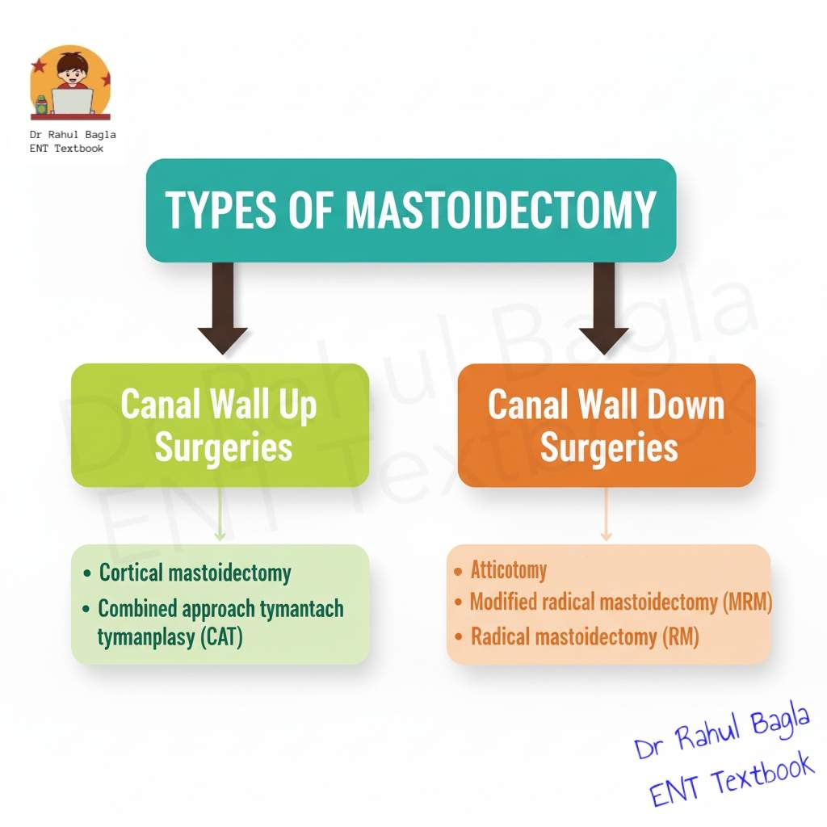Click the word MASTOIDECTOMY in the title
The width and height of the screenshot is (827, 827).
pos(500,209)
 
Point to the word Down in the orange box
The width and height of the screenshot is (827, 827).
pos(683,404)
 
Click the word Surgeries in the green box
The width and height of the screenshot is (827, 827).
pos(223,446)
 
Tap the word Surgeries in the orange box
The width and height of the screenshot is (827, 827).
pos(608,446)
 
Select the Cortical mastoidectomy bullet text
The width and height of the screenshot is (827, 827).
pos(195,573)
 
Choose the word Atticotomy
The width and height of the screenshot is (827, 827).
pos(509,570)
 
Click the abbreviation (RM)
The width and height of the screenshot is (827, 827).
pos(679,636)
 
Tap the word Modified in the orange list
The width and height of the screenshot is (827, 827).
pos(503,602)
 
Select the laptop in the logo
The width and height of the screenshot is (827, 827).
pos(73,101)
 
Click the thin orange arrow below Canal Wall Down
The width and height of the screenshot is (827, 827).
pos(607,517)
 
